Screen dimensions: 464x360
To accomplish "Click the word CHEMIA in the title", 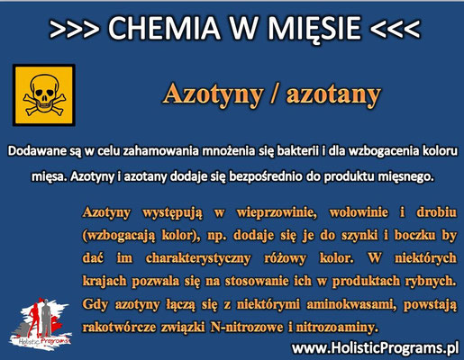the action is click(x=164, y=28).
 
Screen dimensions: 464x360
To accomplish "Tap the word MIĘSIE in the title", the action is click(x=314, y=29).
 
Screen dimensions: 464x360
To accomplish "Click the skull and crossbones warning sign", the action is click(x=44, y=94).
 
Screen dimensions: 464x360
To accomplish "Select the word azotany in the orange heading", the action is click(x=333, y=94).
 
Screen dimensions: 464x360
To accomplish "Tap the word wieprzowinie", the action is click(x=277, y=213).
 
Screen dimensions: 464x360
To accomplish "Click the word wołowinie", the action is click(x=359, y=212).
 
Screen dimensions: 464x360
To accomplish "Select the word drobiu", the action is click(x=436, y=212).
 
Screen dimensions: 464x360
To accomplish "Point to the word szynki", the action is click(x=359, y=236).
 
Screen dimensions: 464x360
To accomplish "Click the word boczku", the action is click(x=414, y=235).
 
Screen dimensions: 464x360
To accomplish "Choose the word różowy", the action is click(x=285, y=258).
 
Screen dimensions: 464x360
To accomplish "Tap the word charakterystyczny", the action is click(x=198, y=258).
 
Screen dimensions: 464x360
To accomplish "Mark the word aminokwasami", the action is click(x=350, y=305).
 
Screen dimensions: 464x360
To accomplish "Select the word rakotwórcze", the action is click(x=119, y=327).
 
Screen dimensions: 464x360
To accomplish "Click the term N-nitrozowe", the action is click(x=247, y=327).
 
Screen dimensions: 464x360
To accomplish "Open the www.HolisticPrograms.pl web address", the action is click(x=375, y=348).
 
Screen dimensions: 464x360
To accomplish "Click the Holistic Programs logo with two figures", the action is click(x=40, y=324).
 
